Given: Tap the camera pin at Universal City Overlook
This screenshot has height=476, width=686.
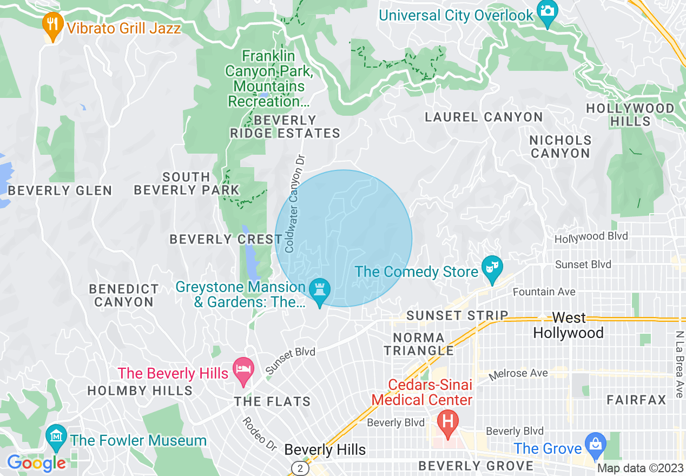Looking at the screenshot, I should point(547,12).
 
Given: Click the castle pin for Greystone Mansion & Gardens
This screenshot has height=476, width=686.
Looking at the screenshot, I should point(319,291).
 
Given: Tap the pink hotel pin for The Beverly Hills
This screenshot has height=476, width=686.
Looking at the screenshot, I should point(243,371).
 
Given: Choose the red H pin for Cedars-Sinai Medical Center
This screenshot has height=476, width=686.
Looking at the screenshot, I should point(448,420).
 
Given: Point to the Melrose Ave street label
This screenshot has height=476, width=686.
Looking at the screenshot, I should point(518,374).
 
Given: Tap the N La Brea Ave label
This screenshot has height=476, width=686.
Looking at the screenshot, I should point(679,365).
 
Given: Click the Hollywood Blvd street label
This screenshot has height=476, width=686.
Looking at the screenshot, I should point(591,237).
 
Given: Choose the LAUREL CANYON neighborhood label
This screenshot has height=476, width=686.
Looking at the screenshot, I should point(483,117).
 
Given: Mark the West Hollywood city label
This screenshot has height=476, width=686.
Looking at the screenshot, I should point(568,326).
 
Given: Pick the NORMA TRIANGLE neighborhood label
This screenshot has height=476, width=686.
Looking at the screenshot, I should point(419,344).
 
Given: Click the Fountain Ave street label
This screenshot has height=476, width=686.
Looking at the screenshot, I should point(544,292).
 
